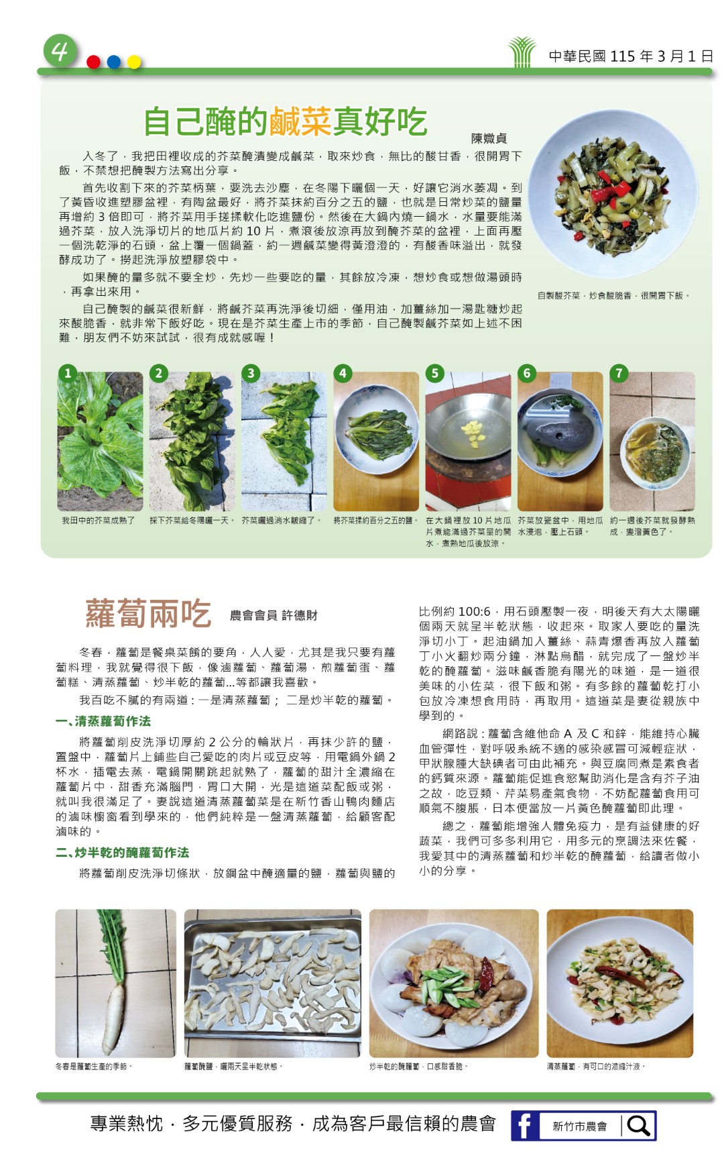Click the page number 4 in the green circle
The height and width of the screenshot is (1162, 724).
[x=60, y=51]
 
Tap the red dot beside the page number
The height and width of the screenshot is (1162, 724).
[x=94, y=62]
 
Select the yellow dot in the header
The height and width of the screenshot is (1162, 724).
[x=134, y=62]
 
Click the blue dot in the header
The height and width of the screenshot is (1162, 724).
[x=114, y=62]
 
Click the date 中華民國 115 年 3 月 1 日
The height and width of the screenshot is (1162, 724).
[x=631, y=56]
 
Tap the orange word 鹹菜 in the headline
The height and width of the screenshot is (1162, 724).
[x=301, y=121]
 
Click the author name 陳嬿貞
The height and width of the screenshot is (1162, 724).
[x=489, y=138]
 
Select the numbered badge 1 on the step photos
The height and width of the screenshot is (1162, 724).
[x=67, y=373]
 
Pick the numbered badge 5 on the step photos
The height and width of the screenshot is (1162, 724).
[x=434, y=373]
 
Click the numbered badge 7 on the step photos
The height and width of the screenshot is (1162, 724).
[x=618, y=373]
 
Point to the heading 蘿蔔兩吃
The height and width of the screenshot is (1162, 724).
[x=147, y=614]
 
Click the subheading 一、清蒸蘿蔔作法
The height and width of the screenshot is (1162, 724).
[x=103, y=721]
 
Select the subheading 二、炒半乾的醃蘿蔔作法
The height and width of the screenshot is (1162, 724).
[x=122, y=853]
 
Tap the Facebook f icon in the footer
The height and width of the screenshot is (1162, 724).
[x=525, y=1125]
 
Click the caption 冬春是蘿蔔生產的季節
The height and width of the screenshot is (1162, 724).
[x=94, y=1066]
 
